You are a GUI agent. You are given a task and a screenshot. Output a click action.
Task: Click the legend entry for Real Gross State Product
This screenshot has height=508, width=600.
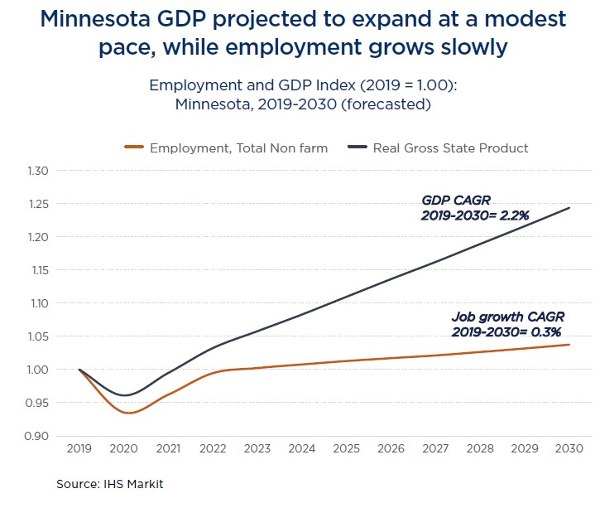pos(450,148)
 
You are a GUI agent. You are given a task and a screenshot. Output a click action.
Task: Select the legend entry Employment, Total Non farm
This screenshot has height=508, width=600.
pos(238,148)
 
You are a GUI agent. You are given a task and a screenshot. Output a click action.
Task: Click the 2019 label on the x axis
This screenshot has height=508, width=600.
pos(79,448)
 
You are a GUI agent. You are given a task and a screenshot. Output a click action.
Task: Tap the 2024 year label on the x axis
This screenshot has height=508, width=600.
pos(302,448)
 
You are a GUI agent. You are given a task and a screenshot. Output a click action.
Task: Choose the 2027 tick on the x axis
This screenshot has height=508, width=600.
pos(435,448)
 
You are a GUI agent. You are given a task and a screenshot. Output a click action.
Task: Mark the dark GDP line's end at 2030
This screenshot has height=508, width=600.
pos(569,208)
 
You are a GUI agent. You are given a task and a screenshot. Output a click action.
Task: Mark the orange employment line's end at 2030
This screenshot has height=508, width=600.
pos(569,345)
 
